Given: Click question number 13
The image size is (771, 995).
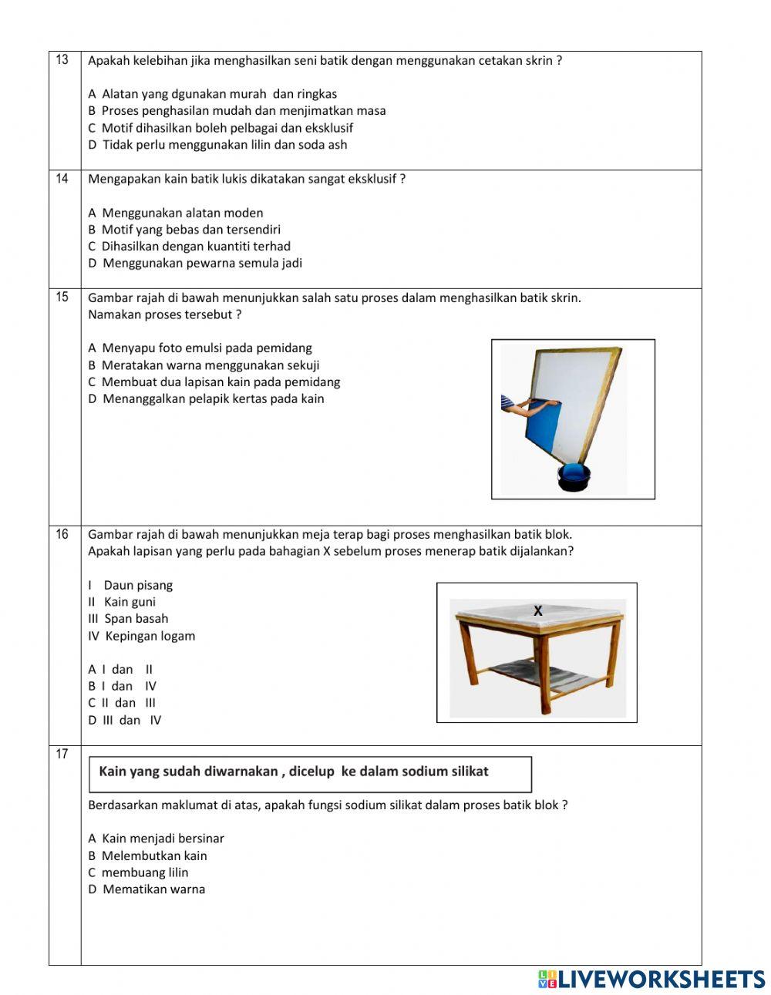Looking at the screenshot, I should (x=62, y=60).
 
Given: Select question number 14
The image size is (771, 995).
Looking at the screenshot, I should (x=62, y=179).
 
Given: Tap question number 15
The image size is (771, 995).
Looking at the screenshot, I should (x=62, y=297).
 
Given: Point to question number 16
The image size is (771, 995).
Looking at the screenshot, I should (x=62, y=534).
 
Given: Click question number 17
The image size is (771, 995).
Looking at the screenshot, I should (x=62, y=755).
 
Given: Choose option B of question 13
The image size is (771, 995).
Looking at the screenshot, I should (x=237, y=111).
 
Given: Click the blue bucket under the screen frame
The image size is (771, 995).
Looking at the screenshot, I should (x=574, y=477).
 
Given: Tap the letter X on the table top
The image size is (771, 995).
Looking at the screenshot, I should (x=538, y=611).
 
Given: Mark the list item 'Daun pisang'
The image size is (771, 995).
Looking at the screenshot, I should (x=130, y=586).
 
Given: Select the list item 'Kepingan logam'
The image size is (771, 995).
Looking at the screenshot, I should (x=142, y=637).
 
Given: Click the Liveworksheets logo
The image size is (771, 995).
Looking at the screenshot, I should (x=651, y=979).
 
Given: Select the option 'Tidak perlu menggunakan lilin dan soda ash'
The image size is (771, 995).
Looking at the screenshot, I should (x=218, y=145).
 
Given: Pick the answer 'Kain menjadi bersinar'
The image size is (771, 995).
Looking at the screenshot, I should (x=157, y=839).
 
